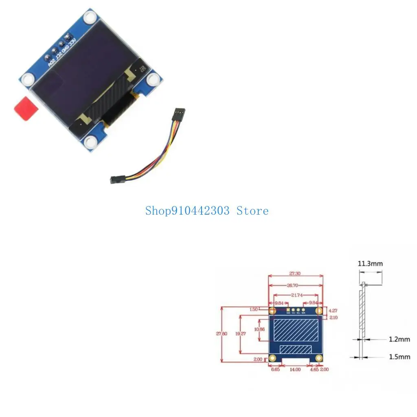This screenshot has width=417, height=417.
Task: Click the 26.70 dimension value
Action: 296,285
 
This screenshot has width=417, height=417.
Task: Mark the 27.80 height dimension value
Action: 222,334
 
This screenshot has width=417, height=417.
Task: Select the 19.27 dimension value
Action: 243,334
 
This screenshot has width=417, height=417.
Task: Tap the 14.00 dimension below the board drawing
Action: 295,369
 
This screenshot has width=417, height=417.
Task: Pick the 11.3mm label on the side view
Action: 370,263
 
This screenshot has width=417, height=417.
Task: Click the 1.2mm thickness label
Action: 399,339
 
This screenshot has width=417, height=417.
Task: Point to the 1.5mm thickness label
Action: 399,357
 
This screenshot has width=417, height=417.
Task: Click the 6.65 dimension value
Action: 276,369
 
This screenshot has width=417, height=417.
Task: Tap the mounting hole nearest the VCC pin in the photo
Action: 90,17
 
